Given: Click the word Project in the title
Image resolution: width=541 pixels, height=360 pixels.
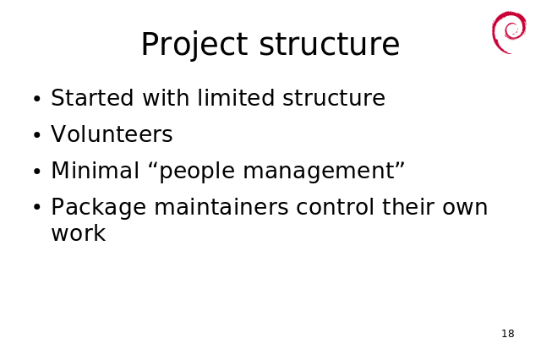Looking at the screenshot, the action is point(194,44).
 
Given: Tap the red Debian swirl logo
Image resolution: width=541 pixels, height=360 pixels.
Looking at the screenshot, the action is point(509,32).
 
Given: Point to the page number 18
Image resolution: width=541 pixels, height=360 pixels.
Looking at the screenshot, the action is point(508,334).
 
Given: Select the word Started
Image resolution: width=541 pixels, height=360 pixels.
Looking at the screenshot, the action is point(92,97).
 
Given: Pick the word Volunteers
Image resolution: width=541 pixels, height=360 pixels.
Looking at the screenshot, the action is point(112,134).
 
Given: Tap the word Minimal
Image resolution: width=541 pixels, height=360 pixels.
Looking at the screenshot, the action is point(95,170).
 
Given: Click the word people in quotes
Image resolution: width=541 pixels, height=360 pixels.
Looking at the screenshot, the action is point(197,172).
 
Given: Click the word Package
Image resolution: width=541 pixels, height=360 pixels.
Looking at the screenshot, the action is point(99,208).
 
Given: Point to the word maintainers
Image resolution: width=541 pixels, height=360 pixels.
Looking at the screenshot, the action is point(221,206).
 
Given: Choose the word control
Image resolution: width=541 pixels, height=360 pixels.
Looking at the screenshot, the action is point(335,206).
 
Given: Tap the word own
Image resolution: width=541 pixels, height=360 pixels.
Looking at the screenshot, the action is point(465,208).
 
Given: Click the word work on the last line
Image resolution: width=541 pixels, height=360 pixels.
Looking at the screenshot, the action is point(79,233).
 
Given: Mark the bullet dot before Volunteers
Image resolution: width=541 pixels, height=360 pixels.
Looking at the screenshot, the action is point(37,135).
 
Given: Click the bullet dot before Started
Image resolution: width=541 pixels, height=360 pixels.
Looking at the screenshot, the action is point(37,99).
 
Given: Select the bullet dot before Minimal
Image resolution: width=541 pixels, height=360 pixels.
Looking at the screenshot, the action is point(37,172).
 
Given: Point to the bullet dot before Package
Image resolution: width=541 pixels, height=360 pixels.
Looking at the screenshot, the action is point(37,208).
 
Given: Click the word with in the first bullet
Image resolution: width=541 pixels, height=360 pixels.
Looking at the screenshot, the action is point(166,97).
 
